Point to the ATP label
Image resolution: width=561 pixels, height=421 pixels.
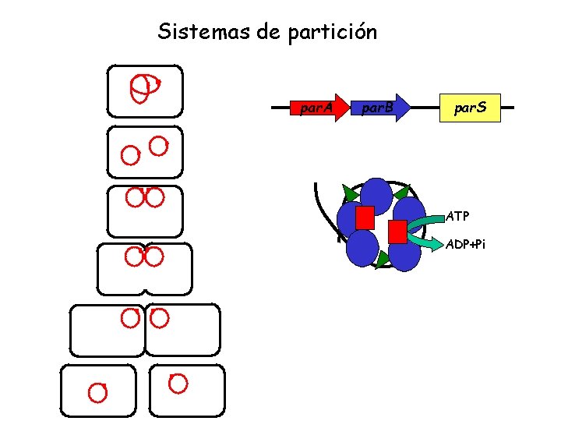point(457,216)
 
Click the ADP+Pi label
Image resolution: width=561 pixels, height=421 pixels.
point(465,245)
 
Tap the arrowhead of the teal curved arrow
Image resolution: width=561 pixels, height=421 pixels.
point(433,244)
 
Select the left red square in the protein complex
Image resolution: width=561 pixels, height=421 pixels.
point(365,218)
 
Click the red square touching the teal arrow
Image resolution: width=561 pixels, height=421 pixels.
point(397,232)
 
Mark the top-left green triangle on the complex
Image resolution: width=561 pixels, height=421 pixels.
point(350,193)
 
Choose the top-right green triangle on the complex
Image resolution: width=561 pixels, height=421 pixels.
point(401,192)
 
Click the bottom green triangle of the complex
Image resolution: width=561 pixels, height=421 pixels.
point(381,260)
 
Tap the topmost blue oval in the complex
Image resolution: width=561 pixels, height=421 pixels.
point(376,194)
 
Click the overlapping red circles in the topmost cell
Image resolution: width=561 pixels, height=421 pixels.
point(143,88)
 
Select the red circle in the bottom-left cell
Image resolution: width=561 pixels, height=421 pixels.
point(97,392)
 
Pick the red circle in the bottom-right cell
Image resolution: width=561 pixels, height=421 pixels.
point(178,384)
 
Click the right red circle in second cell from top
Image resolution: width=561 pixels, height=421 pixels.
point(159,146)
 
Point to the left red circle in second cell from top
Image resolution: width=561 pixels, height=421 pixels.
point(129,155)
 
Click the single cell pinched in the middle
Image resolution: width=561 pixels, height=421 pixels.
point(144,270)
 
